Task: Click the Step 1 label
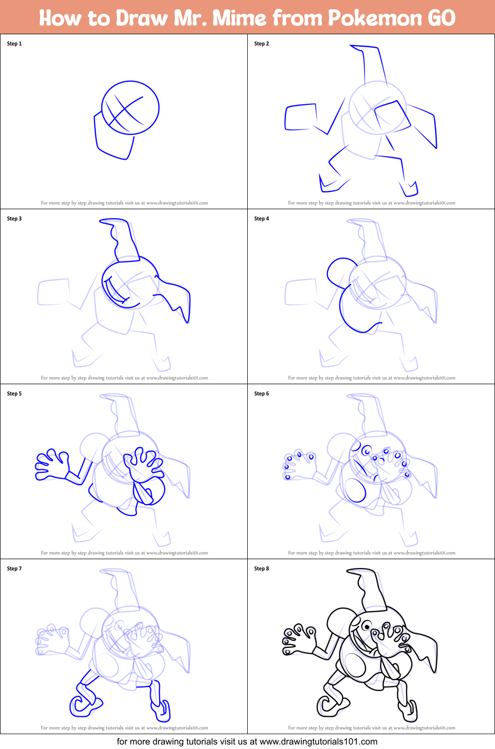tap(14, 44)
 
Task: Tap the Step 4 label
tap(262, 219)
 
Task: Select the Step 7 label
tap(14, 569)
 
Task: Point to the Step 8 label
tap(262, 569)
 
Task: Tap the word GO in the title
tap(441, 18)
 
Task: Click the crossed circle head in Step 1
tap(130, 108)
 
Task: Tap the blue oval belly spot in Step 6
tap(355, 490)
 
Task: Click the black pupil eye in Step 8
tap(366, 627)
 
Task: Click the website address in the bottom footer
tap(318, 742)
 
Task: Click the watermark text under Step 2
tap(371, 203)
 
